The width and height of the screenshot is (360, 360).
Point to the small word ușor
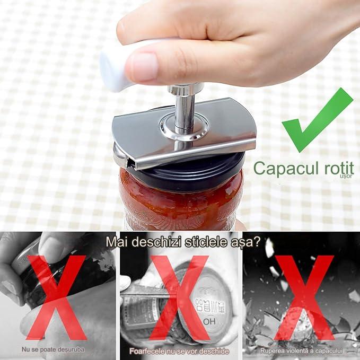tap(346, 176)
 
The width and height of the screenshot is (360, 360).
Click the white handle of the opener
tap(115, 69)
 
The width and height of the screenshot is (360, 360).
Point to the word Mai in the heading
tap(117, 242)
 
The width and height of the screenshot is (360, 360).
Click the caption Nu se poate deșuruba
tap(53, 350)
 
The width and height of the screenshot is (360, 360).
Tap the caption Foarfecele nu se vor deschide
tap(179, 352)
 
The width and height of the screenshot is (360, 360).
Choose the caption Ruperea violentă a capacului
tap(301, 351)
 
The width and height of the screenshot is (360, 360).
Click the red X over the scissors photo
tap(180, 297)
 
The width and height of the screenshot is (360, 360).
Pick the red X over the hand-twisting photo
tap(56, 297)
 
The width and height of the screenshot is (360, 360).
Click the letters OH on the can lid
tap(209, 322)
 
